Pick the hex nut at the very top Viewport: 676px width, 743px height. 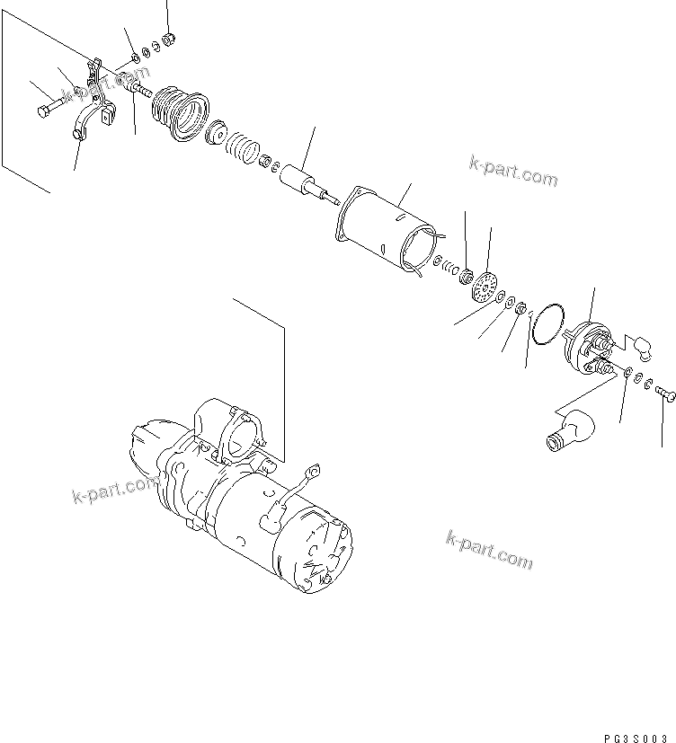(167, 39)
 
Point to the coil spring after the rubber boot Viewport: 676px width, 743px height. (240, 147)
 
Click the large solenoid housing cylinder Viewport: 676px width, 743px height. (392, 232)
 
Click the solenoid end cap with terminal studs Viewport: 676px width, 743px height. (588, 346)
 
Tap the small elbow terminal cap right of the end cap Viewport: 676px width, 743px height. (641, 341)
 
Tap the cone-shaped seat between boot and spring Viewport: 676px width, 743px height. (216, 135)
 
